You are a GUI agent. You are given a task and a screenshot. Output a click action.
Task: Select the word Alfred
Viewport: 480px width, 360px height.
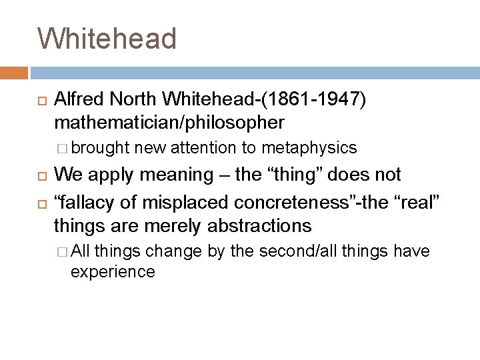(78, 100)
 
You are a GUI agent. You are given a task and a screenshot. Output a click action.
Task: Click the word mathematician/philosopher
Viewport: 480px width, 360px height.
(169, 123)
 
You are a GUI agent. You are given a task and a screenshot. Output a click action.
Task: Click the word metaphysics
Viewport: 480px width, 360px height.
(310, 147)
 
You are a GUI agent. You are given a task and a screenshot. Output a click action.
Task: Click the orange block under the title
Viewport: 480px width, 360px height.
(14, 72)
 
